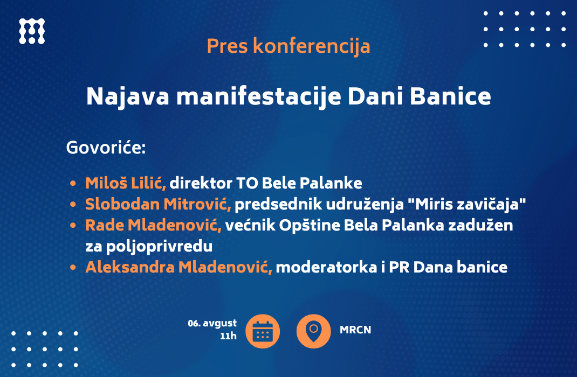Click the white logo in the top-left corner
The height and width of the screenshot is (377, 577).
coord(32,31)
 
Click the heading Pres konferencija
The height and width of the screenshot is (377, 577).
coord(288,46)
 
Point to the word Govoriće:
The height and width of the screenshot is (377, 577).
coord(106,148)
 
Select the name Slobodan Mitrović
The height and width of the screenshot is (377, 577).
coord(158,204)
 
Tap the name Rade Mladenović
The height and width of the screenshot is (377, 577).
coord(153,226)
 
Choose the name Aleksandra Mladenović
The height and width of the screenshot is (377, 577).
coord(178,267)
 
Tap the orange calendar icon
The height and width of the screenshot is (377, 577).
coord(263,331)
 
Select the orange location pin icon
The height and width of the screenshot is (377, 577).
coord(313,331)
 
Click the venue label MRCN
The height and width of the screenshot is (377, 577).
coord(355,330)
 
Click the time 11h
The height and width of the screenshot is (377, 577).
coord(228,336)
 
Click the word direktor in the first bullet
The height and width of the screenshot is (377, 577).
coord(201,183)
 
